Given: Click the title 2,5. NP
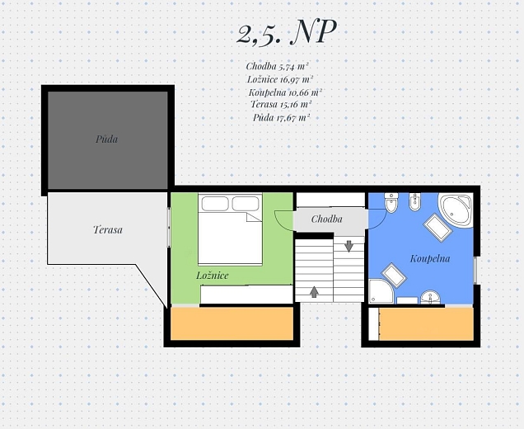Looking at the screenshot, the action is (286, 32).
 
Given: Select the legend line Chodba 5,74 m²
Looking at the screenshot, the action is (277, 66).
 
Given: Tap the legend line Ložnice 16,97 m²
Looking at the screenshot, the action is (280, 79).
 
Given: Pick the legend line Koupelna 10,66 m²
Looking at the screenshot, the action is (285, 92).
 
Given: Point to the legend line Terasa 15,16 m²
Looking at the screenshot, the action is (281, 105).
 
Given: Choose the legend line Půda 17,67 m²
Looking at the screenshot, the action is (282, 117).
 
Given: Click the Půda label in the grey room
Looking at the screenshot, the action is (106, 139).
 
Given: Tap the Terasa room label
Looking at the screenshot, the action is (108, 230).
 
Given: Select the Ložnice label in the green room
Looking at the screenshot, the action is (213, 276).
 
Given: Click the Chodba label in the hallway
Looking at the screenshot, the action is (326, 219).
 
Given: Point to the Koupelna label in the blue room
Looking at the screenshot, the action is (430, 259).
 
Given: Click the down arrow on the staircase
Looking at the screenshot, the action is (349, 247).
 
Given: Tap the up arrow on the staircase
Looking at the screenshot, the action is (314, 292).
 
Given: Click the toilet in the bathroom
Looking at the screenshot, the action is (390, 203).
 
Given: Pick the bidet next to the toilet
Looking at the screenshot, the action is (414, 202).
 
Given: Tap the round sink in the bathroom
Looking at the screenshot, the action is (431, 297).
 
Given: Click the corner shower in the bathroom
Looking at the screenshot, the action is (381, 291).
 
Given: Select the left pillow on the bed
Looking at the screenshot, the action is (215, 204).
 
